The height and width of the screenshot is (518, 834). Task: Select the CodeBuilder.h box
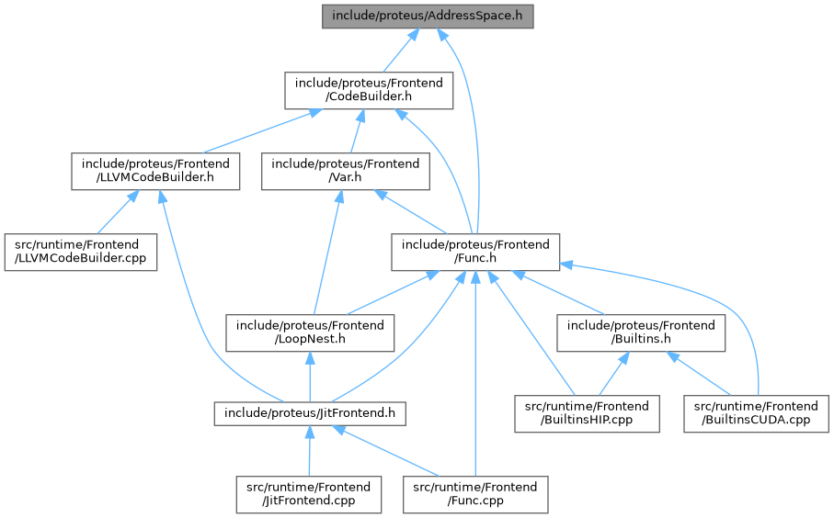point(368,92)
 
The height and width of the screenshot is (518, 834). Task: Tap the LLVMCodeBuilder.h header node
point(155,172)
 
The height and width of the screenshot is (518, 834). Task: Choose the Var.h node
point(346,172)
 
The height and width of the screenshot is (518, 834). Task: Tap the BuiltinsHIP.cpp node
point(587,413)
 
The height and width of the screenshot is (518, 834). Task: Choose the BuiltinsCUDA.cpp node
point(755,413)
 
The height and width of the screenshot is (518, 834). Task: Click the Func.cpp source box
point(475,493)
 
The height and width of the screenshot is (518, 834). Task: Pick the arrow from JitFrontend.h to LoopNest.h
point(310,377)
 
